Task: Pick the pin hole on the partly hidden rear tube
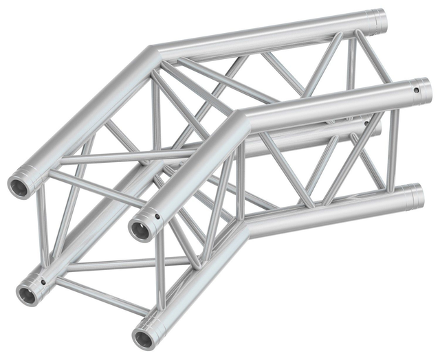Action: click(x=376, y=125)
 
